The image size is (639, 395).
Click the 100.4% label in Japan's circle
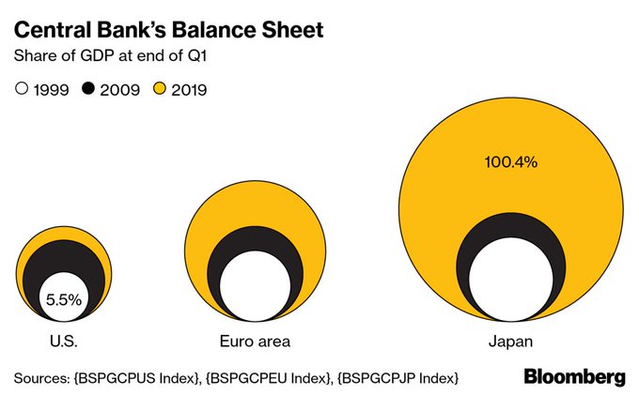(x=510, y=162)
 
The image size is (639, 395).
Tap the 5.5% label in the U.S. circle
(x=64, y=300)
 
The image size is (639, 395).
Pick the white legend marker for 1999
(x=22, y=90)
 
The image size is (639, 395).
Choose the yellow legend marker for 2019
(x=160, y=90)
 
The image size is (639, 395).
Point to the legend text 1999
(x=50, y=90)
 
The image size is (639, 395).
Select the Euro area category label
(x=248, y=340)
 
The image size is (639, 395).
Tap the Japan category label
(x=510, y=340)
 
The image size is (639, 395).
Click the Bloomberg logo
(x=573, y=376)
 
